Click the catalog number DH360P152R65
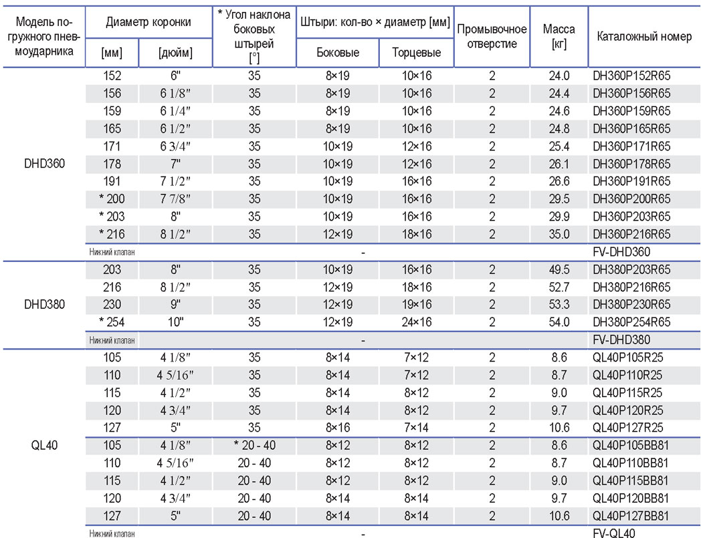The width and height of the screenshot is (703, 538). click(631, 76)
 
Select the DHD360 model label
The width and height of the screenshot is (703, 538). click(44, 164)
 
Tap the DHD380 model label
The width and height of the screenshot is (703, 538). click(44, 305)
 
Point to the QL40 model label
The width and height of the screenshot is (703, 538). click(44, 445)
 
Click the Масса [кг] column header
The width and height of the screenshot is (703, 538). click(559, 36)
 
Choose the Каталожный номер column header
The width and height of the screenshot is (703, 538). click(644, 36)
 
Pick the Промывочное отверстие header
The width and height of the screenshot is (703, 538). click(492, 36)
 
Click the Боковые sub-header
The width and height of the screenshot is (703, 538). click(338, 52)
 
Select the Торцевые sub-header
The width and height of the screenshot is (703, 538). click(417, 52)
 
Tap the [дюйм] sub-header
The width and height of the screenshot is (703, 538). click(175, 53)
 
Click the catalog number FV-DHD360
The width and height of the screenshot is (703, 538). click(621, 252)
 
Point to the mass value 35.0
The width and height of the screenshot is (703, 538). click(559, 234)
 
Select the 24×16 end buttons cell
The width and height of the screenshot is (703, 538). click(417, 322)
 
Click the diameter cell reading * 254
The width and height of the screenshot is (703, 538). click(112, 322)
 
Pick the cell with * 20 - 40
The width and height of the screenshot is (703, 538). click(254, 445)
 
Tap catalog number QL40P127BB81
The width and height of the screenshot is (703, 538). click(630, 515)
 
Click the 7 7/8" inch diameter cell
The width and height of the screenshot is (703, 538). click(175, 199)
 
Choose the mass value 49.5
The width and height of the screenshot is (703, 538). click(559, 269)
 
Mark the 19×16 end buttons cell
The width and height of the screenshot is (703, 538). click(417, 305)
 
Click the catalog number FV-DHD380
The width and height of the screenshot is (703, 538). click(621, 340)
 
